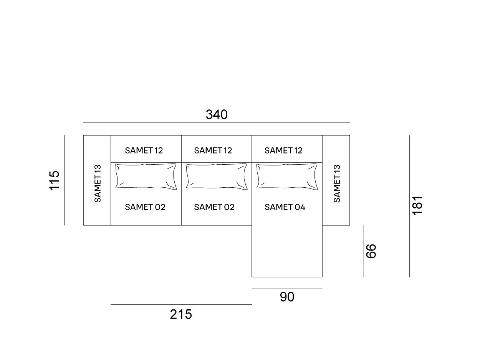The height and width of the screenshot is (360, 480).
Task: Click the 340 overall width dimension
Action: (x=217, y=114)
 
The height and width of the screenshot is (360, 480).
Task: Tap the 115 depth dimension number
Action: (x=54, y=180)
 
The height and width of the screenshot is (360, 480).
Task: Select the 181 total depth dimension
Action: (x=417, y=205)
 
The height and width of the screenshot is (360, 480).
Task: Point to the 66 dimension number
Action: (x=371, y=251)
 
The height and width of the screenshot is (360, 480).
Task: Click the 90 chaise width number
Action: (x=287, y=297)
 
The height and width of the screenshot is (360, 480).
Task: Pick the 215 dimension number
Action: (x=181, y=314)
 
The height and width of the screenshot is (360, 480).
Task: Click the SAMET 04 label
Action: (x=285, y=207)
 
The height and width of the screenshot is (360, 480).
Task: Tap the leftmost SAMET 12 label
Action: (x=144, y=150)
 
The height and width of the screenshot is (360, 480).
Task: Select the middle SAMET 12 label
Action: (x=213, y=150)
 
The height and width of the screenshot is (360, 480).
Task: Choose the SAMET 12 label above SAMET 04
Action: (x=283, y=150)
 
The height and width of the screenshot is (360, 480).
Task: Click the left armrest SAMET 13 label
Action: (x=98, y=183)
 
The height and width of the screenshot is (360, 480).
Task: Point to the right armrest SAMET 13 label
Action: (x=337, y=183)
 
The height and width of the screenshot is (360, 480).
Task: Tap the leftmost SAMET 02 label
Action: (x=145, y=207)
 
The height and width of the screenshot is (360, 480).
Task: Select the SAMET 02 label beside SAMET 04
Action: (x=214, y=207)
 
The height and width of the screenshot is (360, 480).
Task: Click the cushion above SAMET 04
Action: (x=287, y=176)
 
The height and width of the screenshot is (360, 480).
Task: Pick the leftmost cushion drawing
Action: (x=146, y=176)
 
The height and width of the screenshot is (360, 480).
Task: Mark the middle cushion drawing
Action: (x=217, y=176)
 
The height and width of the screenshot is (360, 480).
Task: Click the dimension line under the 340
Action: (x=217, y=122)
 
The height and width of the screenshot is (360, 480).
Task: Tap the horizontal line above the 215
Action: (x=181, y=305)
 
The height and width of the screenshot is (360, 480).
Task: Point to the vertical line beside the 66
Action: (x=363, y=251)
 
